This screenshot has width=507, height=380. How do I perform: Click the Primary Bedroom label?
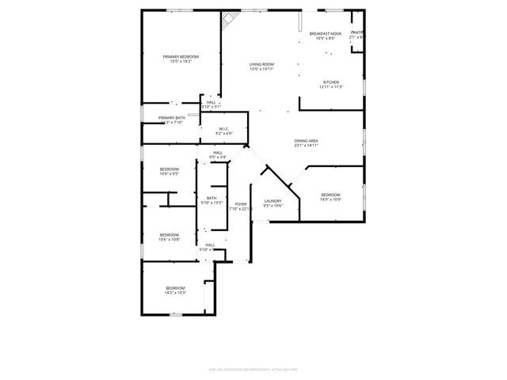[181, 57]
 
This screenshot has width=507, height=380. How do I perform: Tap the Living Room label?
[261, 65]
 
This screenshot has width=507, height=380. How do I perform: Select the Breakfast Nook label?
[326, 34]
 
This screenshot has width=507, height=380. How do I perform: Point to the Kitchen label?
[331, 82]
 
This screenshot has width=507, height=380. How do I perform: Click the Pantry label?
[357, 32]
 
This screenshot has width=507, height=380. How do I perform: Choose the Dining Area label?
[306, 141]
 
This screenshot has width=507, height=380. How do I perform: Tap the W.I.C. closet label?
[224, 129]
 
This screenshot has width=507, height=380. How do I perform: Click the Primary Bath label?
[172, 118]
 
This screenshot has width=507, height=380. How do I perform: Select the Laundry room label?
[273, 202]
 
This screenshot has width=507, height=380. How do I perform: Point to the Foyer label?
[241, 204]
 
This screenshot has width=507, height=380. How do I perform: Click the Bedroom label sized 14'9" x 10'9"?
[330, 195]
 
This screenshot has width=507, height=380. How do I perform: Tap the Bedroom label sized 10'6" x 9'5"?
[170, 169]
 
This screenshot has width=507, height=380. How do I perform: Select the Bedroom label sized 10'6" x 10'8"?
[170, 234]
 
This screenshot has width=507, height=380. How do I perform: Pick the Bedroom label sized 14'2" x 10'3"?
[175, 287]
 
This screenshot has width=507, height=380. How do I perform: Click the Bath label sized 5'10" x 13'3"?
[212, 198]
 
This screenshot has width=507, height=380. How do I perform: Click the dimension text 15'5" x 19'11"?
[261, 69]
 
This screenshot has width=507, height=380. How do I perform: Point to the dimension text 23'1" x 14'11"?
[306, 146]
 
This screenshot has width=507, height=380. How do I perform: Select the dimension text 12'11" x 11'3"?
[331, 87]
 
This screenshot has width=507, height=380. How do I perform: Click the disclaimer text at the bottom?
[253, 368]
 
